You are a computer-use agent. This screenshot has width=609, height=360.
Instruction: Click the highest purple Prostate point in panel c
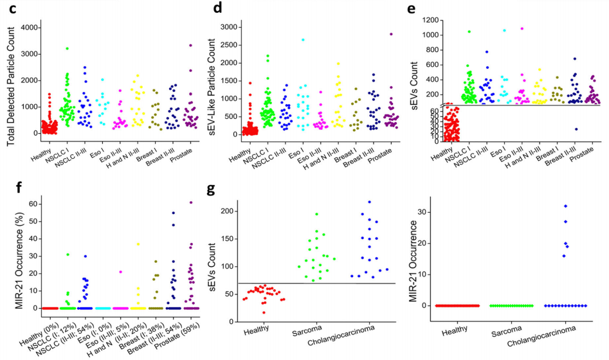coord(190,45)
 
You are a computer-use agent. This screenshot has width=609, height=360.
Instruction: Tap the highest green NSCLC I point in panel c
coord(66,48)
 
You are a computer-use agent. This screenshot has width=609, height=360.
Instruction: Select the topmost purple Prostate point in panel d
coord(390,34)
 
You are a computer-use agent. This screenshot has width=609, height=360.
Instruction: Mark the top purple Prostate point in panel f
coord(191,203)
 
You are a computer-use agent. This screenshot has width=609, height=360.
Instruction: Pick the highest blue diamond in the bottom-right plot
coord(565,206)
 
